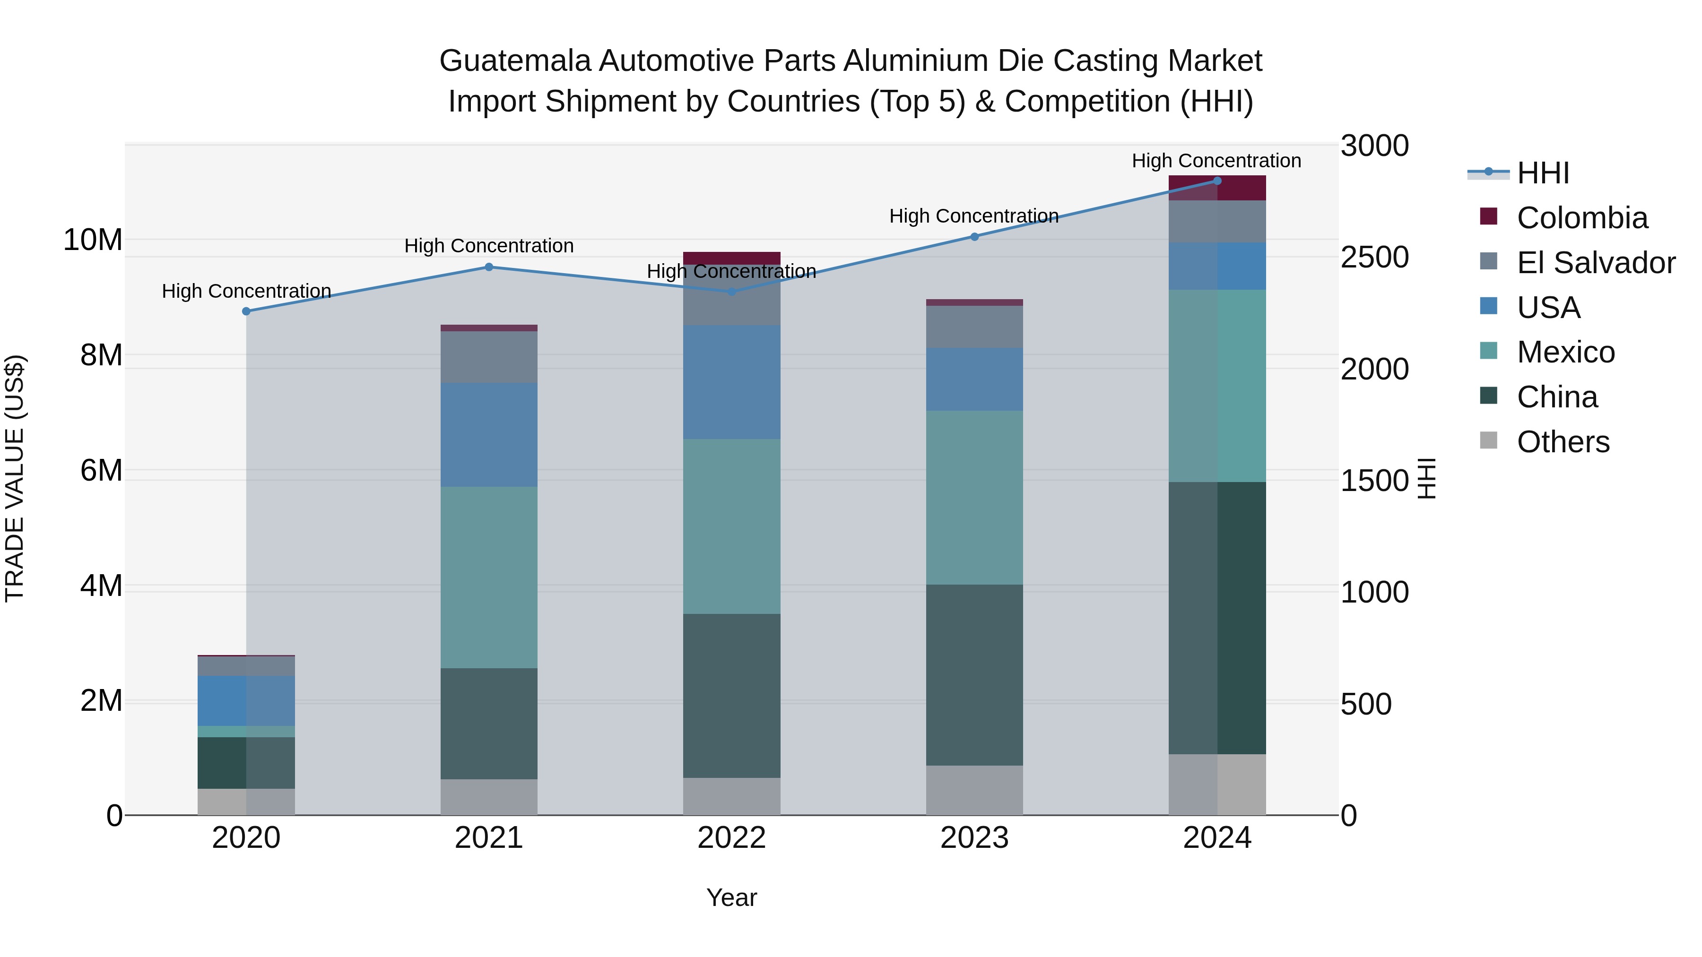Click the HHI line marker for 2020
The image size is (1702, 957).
click(246, 311)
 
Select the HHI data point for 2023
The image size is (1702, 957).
click(974, 236)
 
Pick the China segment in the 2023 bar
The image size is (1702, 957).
click(974, 674)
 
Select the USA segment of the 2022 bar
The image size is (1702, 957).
click(731, 382)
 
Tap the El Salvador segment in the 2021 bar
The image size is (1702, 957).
click(489, 357)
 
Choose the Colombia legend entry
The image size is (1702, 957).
click(1582, 218)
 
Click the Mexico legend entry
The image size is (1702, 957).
click(1565, 352)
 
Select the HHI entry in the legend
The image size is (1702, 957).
click(1542, 173)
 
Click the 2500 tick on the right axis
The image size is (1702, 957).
click(1374, 258)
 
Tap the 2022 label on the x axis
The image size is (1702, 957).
click(731, 838)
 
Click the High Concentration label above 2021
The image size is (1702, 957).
click(489, 246)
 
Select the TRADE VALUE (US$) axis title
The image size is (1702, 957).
click(15, 478)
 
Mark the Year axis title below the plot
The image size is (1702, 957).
click(731, 897)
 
